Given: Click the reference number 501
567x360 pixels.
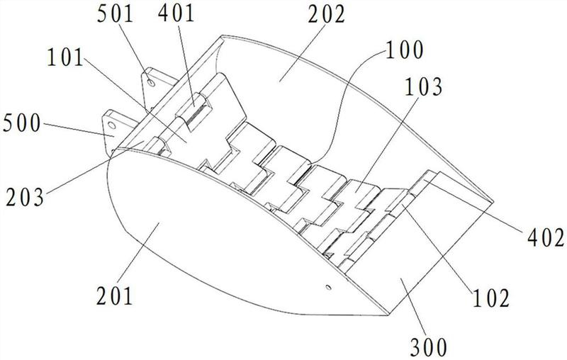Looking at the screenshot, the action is (116, 14).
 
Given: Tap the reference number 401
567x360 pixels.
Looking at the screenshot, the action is (176, 13).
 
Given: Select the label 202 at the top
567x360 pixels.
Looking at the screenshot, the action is (327, 15).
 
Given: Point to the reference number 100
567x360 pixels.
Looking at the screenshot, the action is (405, 50).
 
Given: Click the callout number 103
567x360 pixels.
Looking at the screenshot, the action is (423, 87).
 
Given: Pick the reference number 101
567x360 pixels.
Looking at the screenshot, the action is (65, 57).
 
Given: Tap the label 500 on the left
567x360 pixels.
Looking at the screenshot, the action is (22, 123).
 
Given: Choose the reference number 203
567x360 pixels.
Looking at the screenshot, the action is (25, 197).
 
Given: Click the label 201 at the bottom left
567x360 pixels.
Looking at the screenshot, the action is (115, 296).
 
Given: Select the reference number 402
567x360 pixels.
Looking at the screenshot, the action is (546, 238).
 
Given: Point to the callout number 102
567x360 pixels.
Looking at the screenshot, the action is (491, 298).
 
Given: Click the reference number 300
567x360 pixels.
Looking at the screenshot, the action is (429, 347).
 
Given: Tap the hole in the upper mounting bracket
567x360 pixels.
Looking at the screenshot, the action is (152, 84).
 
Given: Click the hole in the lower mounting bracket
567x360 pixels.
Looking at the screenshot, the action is (112, 125).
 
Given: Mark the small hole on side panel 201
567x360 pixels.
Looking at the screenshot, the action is (328, 287).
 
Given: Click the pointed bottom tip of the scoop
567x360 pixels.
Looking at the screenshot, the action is (388, 315).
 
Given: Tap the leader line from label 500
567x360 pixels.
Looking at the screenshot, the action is (79, 130).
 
